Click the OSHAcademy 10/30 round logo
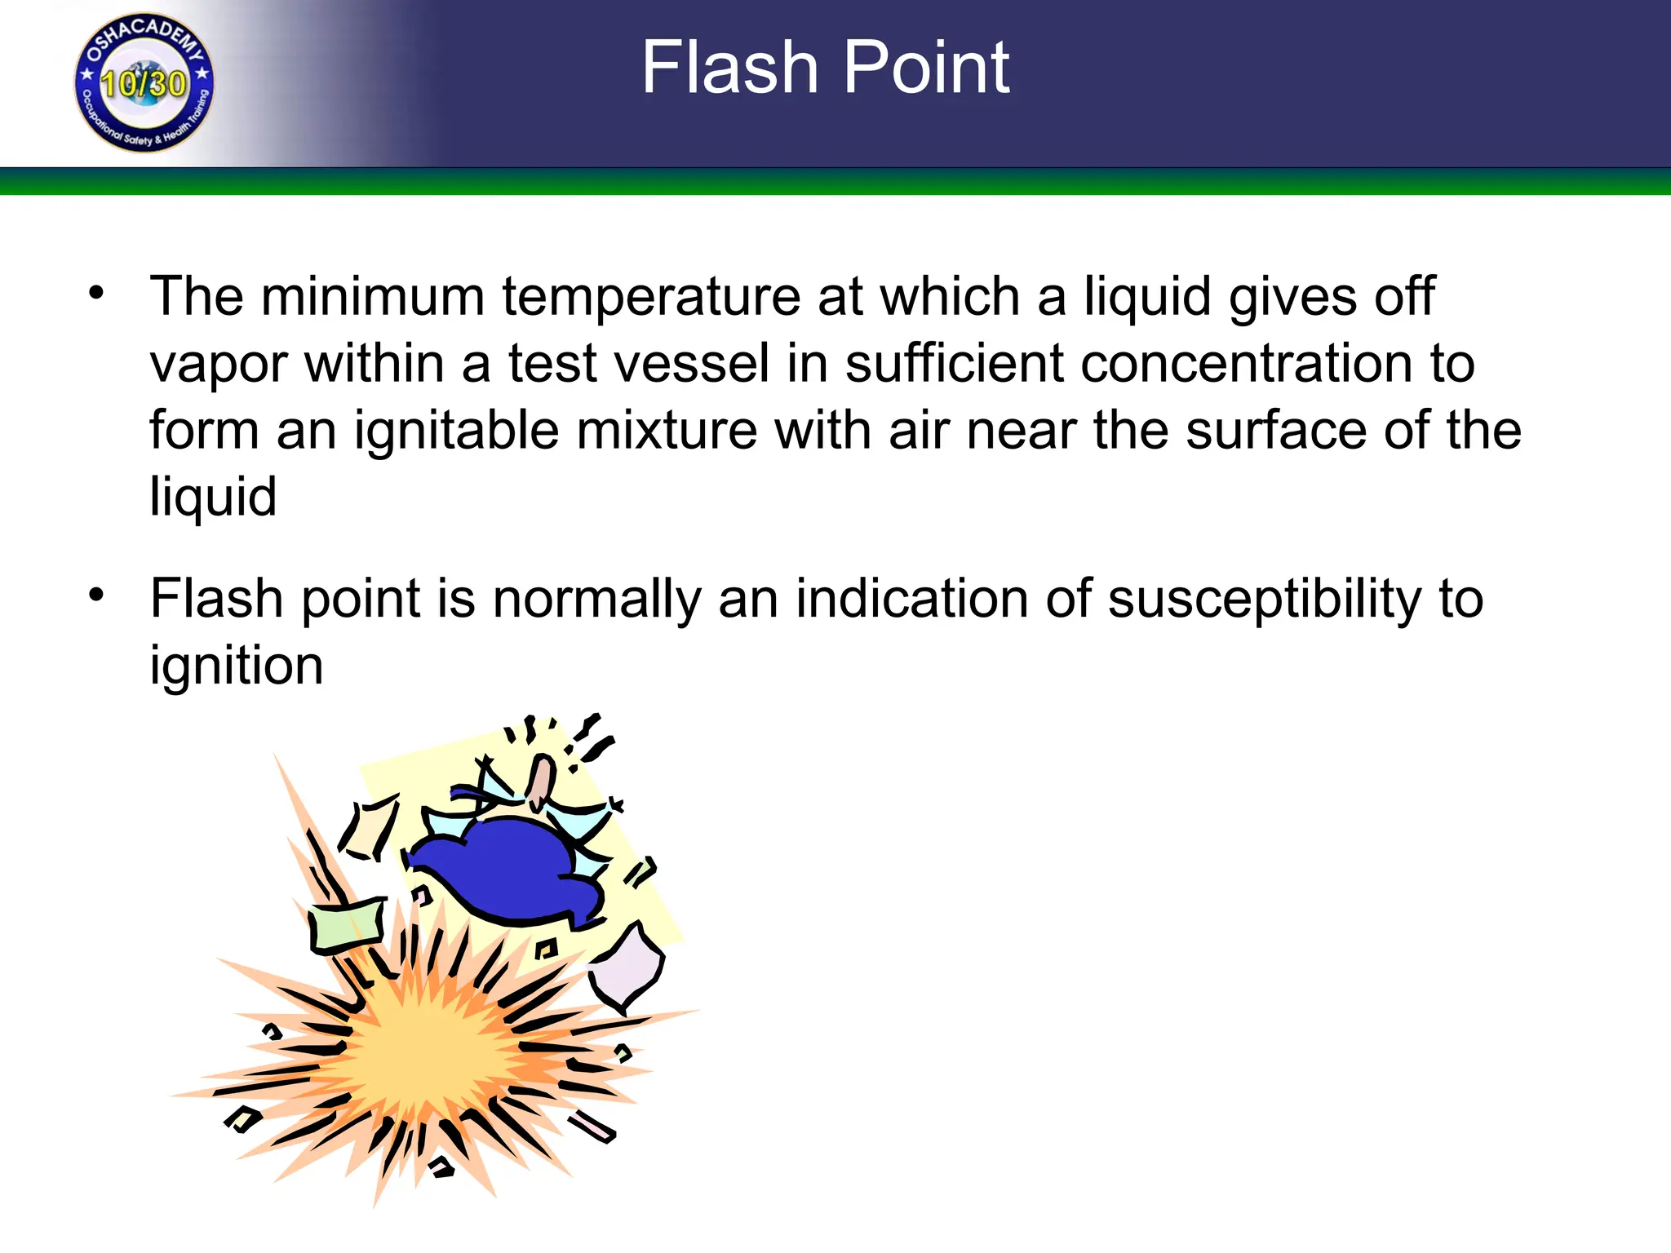144,82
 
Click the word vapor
219,365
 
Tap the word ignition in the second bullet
237,666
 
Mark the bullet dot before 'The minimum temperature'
97,292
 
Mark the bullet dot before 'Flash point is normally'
97,595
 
